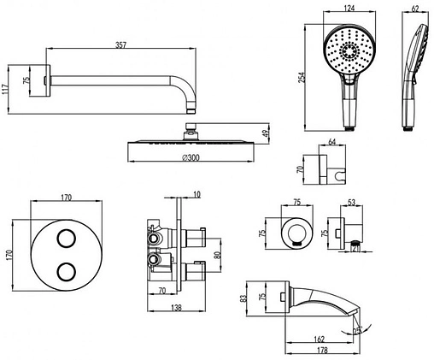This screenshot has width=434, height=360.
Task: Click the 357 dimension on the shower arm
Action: (x=120, y=45)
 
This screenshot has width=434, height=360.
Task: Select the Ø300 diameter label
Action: (x=191, y=157)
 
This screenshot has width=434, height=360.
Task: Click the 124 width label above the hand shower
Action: (x=349, y=8)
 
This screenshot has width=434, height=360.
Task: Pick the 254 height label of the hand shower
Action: (x=302, y=77)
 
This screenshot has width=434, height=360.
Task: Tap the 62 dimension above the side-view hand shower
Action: (x=415, y=9)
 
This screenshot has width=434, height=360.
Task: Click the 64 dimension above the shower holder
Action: (x=332, y=142)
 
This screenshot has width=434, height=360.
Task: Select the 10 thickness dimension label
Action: (x=196, y=194)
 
